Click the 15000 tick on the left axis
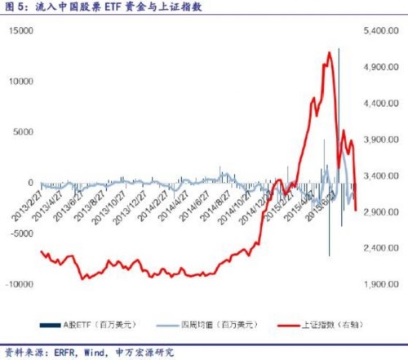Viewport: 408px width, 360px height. coord(20,30)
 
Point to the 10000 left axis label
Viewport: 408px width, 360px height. coord(20,81)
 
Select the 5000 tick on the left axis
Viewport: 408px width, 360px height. coord(23,131)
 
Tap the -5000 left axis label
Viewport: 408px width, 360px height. coord(20,233)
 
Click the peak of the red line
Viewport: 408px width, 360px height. coord(329,53)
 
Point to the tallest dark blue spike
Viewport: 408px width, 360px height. coord(339,49)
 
